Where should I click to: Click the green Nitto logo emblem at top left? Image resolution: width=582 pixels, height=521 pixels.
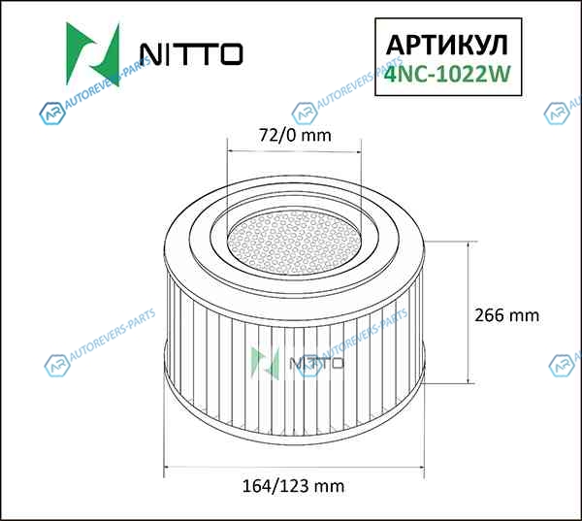[93, 54]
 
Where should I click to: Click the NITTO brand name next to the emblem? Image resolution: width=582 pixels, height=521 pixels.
[191, 54]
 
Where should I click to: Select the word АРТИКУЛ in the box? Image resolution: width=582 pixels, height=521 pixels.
[447, 46]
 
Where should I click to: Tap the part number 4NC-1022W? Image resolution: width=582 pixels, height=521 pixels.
[447, 74]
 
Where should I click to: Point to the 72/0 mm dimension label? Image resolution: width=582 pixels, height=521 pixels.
[295, 135]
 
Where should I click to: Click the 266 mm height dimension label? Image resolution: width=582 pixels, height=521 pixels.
[506, 315]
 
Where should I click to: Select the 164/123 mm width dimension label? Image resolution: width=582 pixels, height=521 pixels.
[293, 486]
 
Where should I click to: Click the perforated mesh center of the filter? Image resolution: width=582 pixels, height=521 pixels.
[294, 243]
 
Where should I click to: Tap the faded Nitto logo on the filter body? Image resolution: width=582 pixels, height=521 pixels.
[297, 363]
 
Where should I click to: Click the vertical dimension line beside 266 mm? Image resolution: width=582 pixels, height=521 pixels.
[469, 312]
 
